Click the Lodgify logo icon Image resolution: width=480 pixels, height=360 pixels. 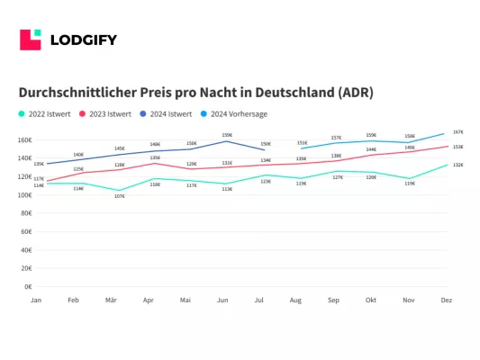pyautogui.click(x=31, y=40)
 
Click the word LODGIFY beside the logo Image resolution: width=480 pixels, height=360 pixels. pyautogui.click(x=83, y=40)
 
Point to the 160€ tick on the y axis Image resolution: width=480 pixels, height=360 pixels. pyautogui.click(x=24, y=140)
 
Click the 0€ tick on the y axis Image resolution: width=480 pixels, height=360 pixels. pyautogui.click(x=28, y=286)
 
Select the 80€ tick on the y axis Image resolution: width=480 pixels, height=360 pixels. pyautogui.click(x=25, y=213)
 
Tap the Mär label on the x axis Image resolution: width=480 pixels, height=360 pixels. pyautogui.click(x=111, y=300)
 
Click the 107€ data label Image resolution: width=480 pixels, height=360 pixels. pyautogui.click(x=120, y=196)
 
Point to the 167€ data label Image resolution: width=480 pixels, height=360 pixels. pyautogui.click(x=457, y=131)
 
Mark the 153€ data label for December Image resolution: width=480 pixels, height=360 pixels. pyautogui.click(x=457, y=147)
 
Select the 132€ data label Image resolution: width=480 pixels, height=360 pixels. pyautogui.click(x=457, y=166)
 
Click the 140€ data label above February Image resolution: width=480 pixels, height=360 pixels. pyautogui.click(x=78, y=154)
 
